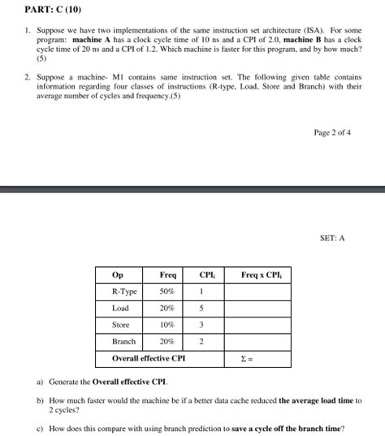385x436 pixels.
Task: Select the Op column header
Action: [117, 274]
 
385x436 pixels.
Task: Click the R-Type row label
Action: [124, 291]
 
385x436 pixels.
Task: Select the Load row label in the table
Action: [120, 308]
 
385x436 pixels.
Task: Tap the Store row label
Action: [121, 325]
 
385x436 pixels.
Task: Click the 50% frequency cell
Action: [167, 291]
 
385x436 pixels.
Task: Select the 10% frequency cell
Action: [167, 325]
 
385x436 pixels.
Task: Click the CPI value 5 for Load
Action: [200, 308]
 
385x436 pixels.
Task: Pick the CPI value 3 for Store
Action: [200, 325]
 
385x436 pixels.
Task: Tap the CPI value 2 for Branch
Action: [200, 342]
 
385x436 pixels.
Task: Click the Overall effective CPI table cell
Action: [149, 357]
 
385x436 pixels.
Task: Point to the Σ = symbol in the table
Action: [248, 358]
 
